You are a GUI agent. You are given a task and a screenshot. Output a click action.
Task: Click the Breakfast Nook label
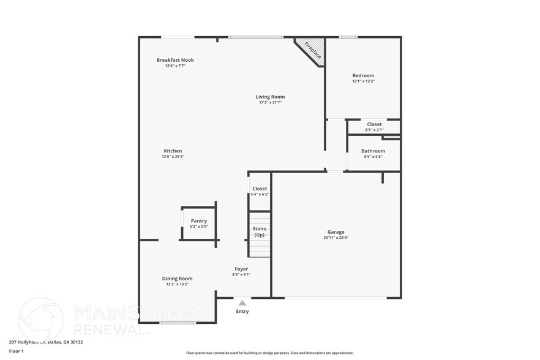pos(175,60)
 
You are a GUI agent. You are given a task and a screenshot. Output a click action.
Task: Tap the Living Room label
pos(270,97)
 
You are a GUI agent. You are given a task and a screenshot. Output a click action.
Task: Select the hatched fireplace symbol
pos(310,50)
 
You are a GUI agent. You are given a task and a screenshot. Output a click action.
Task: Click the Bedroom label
pos(363,76)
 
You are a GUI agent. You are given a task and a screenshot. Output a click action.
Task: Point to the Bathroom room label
pos(373,151)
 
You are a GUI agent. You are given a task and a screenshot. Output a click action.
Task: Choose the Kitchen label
pos(173,151)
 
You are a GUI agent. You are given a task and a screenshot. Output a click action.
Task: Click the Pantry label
pos(199,221)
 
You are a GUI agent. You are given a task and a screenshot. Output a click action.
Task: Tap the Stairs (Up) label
pos(260,231)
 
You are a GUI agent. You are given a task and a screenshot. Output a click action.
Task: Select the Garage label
pos(336,232)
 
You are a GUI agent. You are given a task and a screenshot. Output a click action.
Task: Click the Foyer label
pos(241,269)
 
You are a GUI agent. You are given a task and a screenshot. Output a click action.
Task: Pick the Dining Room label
pos(178,279)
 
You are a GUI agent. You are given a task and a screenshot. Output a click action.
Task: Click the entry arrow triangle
pos(242,302)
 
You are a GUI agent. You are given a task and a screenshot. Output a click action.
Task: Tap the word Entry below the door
pos(242,312)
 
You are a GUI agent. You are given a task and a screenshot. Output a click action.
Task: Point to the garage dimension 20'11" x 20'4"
pos(336,238)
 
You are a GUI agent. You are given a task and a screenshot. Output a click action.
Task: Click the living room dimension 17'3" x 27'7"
pos(270,102)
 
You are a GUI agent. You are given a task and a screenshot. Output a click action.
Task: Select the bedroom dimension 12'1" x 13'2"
pos(363,81)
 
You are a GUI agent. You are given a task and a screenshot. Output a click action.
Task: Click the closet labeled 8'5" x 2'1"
pos(374,127)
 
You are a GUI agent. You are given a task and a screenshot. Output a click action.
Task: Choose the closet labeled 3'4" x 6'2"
pos(260,192)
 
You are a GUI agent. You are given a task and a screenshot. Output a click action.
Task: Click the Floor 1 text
pos(16,351)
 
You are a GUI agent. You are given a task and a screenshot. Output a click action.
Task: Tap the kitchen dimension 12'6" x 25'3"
pos(173,157)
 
